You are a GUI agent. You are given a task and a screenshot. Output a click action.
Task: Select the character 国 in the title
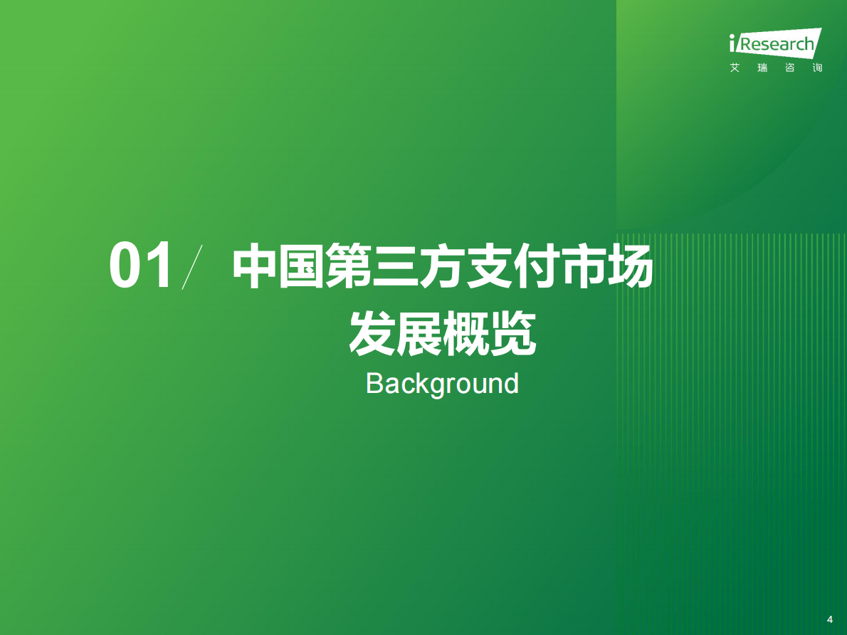click(x=301, y=266)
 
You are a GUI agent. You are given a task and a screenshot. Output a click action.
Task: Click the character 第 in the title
click(x=348, y=266)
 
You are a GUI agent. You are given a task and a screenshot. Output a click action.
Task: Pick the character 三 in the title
click(x=395, y=266)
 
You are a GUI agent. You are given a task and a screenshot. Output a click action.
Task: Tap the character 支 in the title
click(x=489, y=266)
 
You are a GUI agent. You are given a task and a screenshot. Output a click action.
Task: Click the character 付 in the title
click(x=536, y=266)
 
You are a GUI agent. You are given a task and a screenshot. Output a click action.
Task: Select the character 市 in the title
click(x=583, y=266)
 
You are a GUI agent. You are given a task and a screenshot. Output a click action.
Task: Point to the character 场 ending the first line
click(x=630, y=266)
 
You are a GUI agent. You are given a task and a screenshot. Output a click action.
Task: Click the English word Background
click(x=442, y=383)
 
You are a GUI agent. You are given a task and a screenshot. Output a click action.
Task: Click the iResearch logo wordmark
click(x=776, y=43)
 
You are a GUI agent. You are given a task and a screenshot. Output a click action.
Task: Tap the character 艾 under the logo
click(x=735, y=68)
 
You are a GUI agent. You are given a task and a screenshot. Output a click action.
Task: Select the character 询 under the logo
click(x=817, y=68)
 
